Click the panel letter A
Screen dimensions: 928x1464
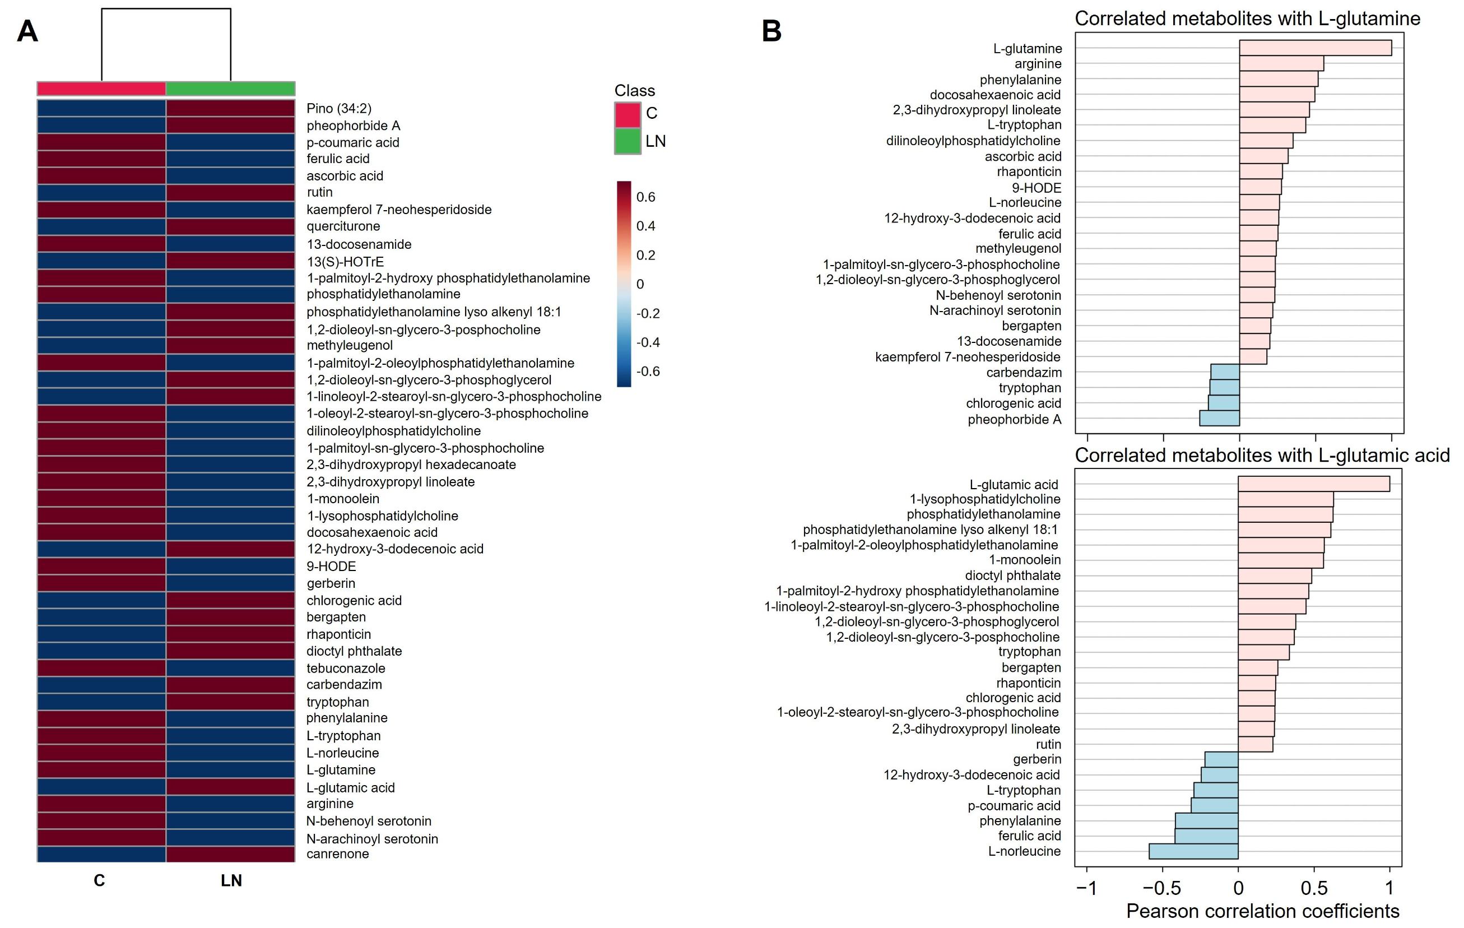pyautogui.click(x=27, y=31)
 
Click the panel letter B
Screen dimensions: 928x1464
pyautogui.click(x=771, y=31)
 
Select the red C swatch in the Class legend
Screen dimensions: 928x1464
pyautogui.click(x=628, y=114)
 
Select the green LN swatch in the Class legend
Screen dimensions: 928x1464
pyautogui.click(x=628, y=141)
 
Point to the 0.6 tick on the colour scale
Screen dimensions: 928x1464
pyautogui.click(x=645, y=197)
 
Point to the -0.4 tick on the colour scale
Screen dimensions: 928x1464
pyautogui.click(x=648, y=342)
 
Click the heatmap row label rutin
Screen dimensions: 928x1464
pyautogui.click(x=319, y=192)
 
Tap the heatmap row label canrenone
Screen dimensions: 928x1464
pyautogui.click(x=337, y=854)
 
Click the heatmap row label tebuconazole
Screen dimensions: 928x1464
pyautogui.click(x=345, y=669)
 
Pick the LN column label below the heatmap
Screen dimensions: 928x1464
pyautogui.click(x=231, y=880)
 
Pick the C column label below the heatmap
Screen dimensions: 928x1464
pyautogui.click(x=99, y=880)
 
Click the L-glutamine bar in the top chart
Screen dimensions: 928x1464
pyautogui.click(x=1315, y=48)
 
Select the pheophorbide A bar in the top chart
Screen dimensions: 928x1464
pyautogui.click(x=1219, y=419)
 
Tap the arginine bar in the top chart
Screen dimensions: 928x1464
pyautogui.click(x=1281, y=63)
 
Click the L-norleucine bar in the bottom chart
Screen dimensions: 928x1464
pyautogui.click(x=1193, y=851)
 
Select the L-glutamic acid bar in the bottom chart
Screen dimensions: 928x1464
pyautogui.click(x=1313, y=484)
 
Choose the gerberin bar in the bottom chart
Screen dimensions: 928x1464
pyautogui.click(x=1221, y=759)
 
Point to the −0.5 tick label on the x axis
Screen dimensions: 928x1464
pyautogui.click(x=1162, y=888)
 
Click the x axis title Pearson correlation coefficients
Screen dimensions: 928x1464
pyautogui.click(x=1262, y=911)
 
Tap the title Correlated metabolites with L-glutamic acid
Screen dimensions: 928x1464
pyautogui.click(x=1262, y=455)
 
